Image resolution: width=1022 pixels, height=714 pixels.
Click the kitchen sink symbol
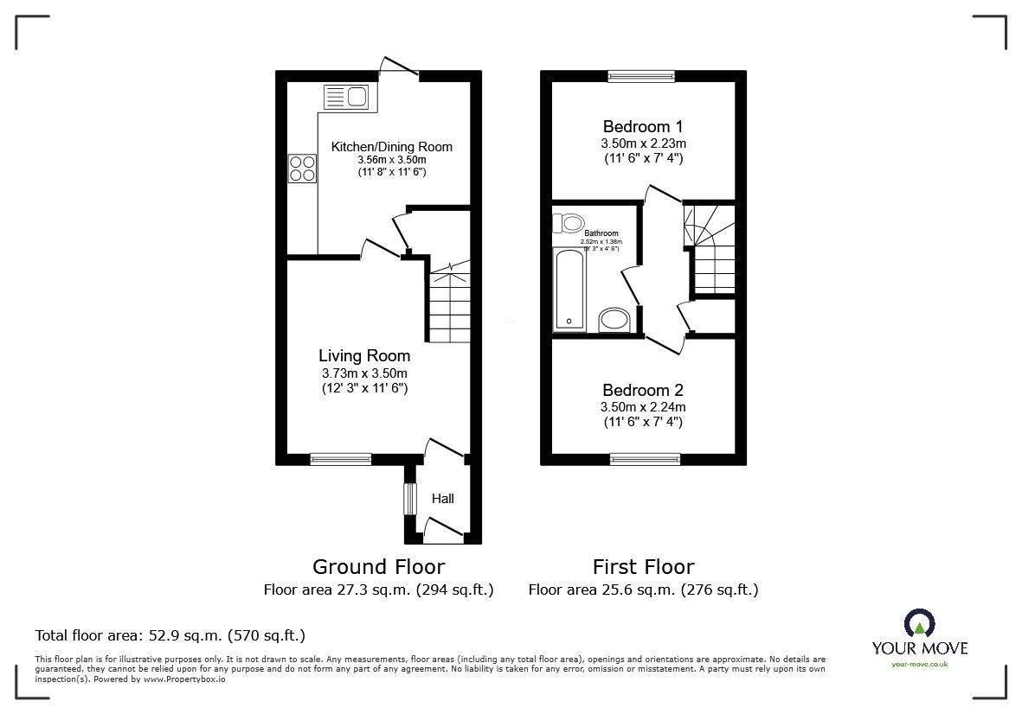[x=345, y=96]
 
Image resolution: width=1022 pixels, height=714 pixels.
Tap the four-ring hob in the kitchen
[x=302, y=167]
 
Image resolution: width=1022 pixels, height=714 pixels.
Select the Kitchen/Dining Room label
[x=392, y=146]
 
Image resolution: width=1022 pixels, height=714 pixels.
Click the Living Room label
[x=364, y=355]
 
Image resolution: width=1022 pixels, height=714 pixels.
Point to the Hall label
[x=443, y=499]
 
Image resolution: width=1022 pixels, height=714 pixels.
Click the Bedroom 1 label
[x=643, y=125]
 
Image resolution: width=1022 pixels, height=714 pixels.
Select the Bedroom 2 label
[x=643, y=390]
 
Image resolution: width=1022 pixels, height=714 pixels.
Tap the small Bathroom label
[x=601, y=233]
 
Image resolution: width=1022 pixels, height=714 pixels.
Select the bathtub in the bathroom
[x=569, y=290]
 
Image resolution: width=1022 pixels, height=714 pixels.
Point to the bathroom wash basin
[x=615, y=320]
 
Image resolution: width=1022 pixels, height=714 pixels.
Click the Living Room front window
[x=341, y=458]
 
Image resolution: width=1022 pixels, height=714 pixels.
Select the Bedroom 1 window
[x=641, y=76]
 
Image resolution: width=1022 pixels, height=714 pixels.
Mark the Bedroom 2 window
[x=645, y=458]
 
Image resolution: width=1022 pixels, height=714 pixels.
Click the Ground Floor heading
[x=378, y=567]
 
